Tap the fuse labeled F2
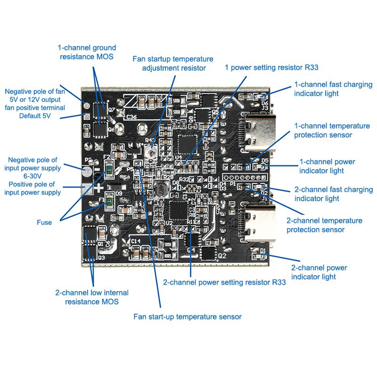coord(108,169)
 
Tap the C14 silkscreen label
coord(136,241)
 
